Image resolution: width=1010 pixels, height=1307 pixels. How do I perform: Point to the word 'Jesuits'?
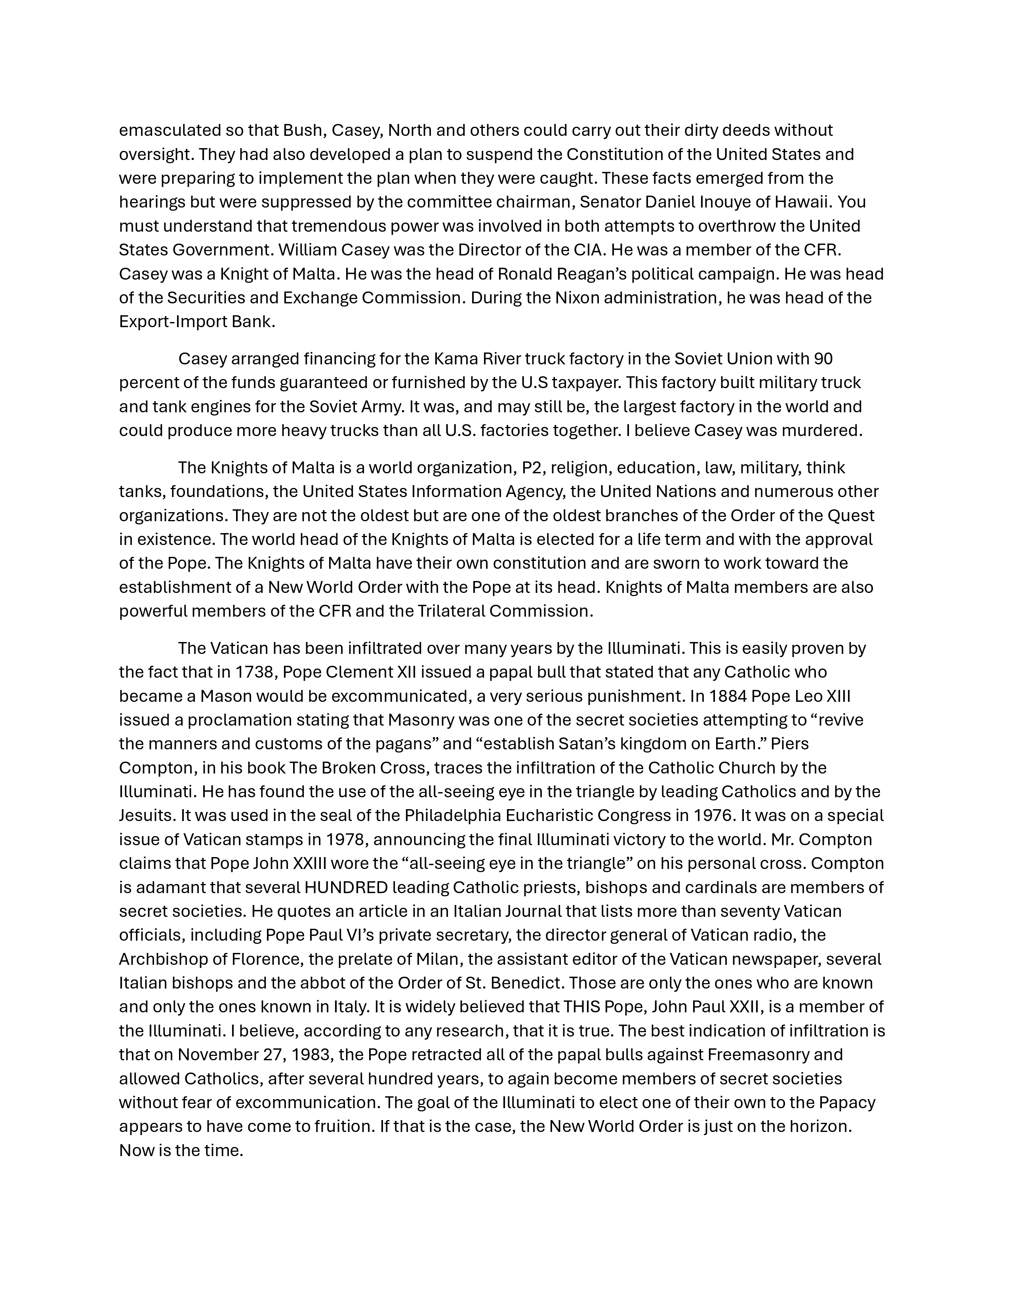pyautogui.click(x=144, y=815)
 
